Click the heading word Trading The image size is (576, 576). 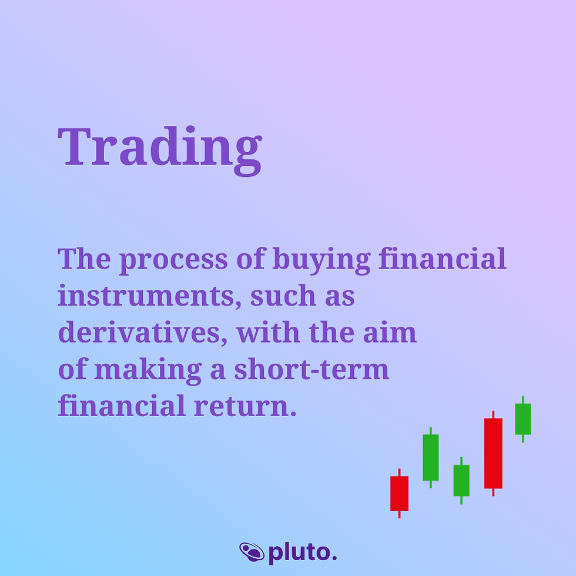[x=160, y=147]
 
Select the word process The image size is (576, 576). [x=173, y=260]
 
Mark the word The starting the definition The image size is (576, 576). [x=83, y=260]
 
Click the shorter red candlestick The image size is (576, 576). [x=399, y=493]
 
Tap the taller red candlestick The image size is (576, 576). [x=493, y=453]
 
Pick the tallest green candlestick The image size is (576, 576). [x=431, y=457]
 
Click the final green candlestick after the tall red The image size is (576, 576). [x=523, y=418]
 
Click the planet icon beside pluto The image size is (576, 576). [x=252, y=552]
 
